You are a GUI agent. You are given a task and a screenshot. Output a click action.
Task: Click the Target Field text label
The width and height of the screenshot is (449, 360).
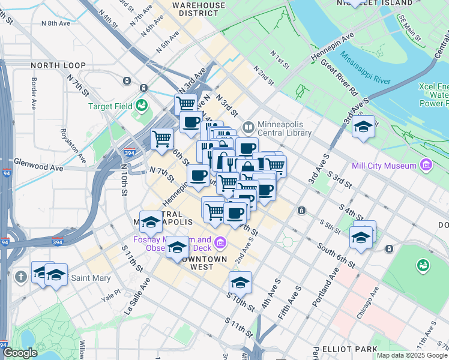pos(110,106)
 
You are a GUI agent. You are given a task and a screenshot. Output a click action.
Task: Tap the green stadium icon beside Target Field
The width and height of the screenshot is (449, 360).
pos(142,106)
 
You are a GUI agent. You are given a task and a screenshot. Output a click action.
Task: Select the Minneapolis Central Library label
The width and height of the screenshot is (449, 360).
pos(285,127)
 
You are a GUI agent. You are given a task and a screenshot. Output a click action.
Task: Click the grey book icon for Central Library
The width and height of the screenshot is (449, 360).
pos(249,127)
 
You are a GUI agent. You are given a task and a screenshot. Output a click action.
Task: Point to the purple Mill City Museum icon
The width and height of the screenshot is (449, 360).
pos(426,164)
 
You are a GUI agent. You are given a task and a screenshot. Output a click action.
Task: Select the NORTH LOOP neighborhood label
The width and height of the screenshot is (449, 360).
pos(55,65)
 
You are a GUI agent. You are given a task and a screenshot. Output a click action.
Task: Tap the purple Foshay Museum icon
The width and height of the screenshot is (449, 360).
pos(220,242)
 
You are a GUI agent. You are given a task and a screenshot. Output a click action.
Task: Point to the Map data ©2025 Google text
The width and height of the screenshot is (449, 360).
pos(411,355)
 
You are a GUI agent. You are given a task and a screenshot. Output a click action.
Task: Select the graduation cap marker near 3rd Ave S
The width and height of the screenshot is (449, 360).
pos(363,127)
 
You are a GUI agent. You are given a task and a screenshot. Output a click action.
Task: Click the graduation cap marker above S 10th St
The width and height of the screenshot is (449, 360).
pos(240,281)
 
